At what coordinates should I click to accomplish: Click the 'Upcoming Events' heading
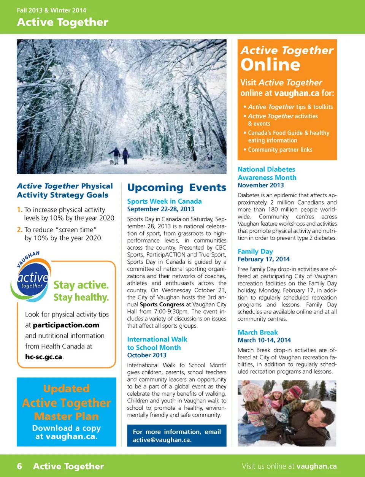(x=176, y=187)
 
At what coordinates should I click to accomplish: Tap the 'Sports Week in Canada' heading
(x=164, y=201)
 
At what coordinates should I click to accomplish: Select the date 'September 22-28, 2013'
(x=160, y=209)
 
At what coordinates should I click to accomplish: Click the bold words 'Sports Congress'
(x=162, y=304)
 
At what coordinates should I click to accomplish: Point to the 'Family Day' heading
(x=255, y=251)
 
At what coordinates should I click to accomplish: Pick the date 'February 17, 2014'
(x=263, y=259)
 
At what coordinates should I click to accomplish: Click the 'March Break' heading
(x=258, y=332)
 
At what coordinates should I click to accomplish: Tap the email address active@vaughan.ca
(x=162, y=440)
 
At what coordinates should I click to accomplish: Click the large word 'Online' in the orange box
(x=270, y=65)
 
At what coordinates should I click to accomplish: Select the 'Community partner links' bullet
(x=280, y=150)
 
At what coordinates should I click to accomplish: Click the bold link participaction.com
(x=66, y=325)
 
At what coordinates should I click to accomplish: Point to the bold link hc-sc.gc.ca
(x=44, y=357)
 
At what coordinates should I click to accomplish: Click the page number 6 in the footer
(x=19, y=466)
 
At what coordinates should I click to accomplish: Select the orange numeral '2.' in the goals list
(x=20, y=230)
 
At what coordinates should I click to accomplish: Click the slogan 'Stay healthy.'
(x=81, y=297)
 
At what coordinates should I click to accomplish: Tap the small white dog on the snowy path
(x=111, y=162)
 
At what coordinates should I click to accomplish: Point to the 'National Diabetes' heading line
(x=266, y=169)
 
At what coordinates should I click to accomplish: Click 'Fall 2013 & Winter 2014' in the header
(x=51, y=10)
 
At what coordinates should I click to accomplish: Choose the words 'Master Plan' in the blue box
(x=66, y=416)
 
